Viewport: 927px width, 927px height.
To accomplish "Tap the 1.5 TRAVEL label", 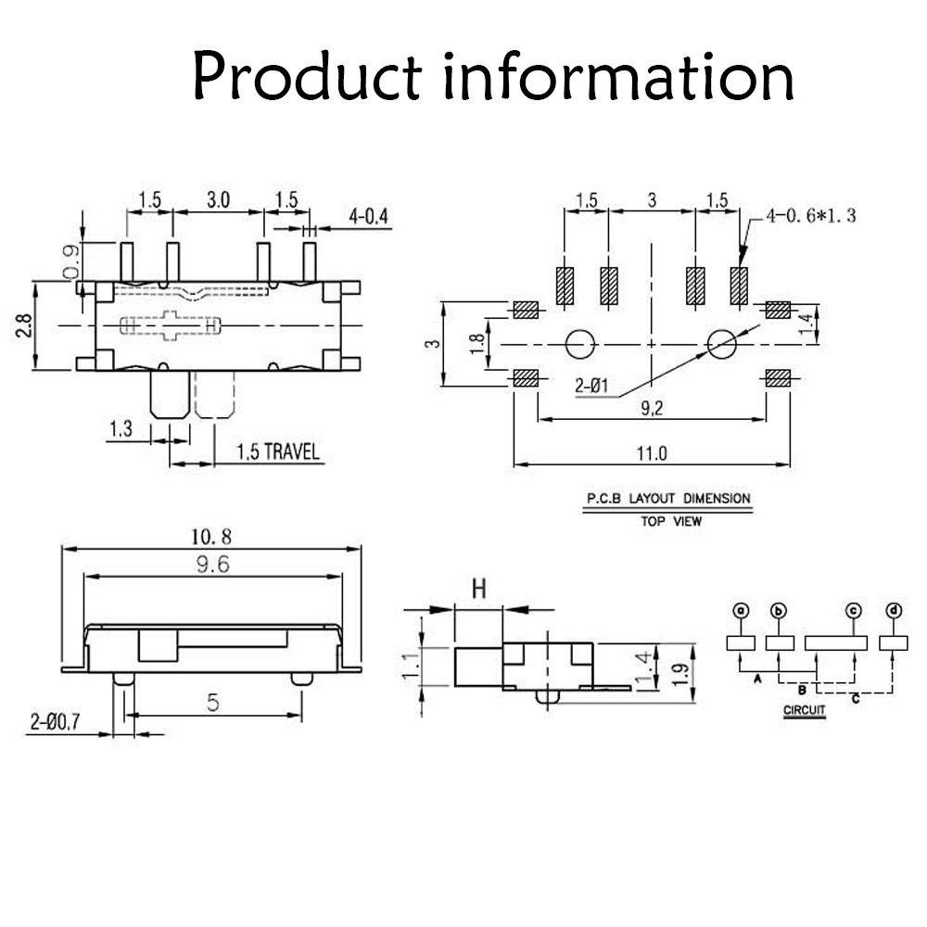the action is (278, 452).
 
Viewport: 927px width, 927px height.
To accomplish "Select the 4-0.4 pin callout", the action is (368, 217).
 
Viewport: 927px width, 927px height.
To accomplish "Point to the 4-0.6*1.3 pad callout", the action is (811, 216).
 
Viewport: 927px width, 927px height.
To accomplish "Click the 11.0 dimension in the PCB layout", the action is (652, 453).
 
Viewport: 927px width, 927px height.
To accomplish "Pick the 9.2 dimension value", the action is (652, 408).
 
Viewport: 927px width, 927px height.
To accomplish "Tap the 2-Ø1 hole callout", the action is (591, 386).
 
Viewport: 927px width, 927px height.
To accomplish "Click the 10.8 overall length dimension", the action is (211, 537).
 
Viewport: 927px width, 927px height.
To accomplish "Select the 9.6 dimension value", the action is (213, 565).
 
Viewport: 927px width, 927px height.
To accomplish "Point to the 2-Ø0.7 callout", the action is (55, 722).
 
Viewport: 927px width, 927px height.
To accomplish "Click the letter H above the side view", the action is (479, 589).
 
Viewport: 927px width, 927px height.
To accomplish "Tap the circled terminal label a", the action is (740, 610).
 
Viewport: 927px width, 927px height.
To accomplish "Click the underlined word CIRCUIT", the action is (804, 710).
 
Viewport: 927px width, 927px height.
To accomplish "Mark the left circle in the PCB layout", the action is (580, 344).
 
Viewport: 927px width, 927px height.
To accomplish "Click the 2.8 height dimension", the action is (24, 325).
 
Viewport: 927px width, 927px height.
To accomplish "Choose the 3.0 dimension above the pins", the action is (218, 200).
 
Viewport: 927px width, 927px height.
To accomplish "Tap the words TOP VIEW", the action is (671, 521).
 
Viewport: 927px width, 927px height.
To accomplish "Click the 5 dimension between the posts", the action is (213, 703).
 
